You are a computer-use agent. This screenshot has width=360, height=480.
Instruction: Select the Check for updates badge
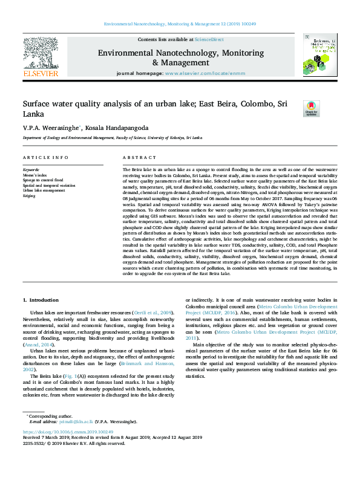[x=312, y=108]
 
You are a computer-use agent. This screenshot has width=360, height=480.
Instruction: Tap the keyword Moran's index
[x=34, y=175]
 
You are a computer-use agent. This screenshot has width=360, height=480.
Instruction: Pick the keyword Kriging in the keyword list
[x=29, y=196]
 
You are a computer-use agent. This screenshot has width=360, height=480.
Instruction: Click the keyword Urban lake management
[x=44, y=190]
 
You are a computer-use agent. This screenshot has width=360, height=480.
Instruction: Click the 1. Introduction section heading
[x=41, y=300]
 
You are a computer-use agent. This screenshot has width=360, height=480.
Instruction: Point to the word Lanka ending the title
[x=34, y=114]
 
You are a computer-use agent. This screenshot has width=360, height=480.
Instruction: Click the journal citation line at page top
[x=180, y=24]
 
